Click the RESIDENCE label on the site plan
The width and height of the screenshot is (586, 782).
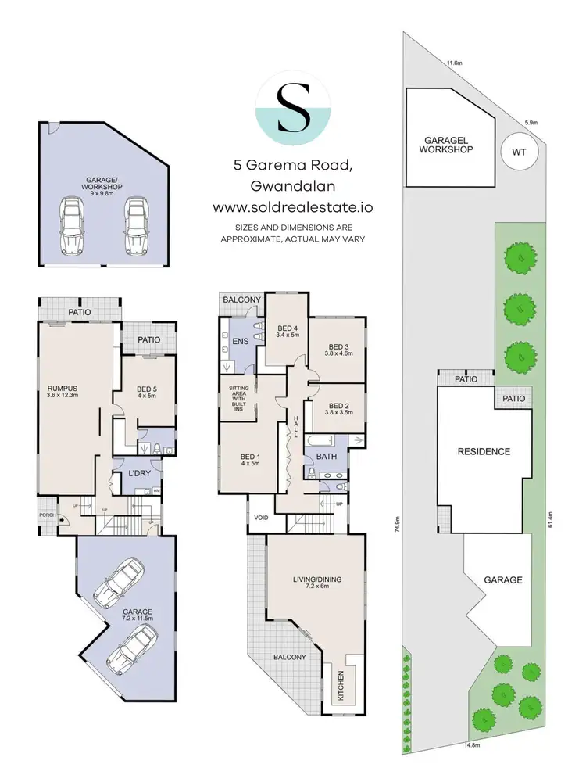(484, 451)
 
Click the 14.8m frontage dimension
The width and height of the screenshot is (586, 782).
(471, 744)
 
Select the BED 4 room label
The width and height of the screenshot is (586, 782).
(288, 332)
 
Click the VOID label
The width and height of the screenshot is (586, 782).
(260, 518)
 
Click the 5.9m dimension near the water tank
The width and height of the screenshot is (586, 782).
(531, 122)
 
